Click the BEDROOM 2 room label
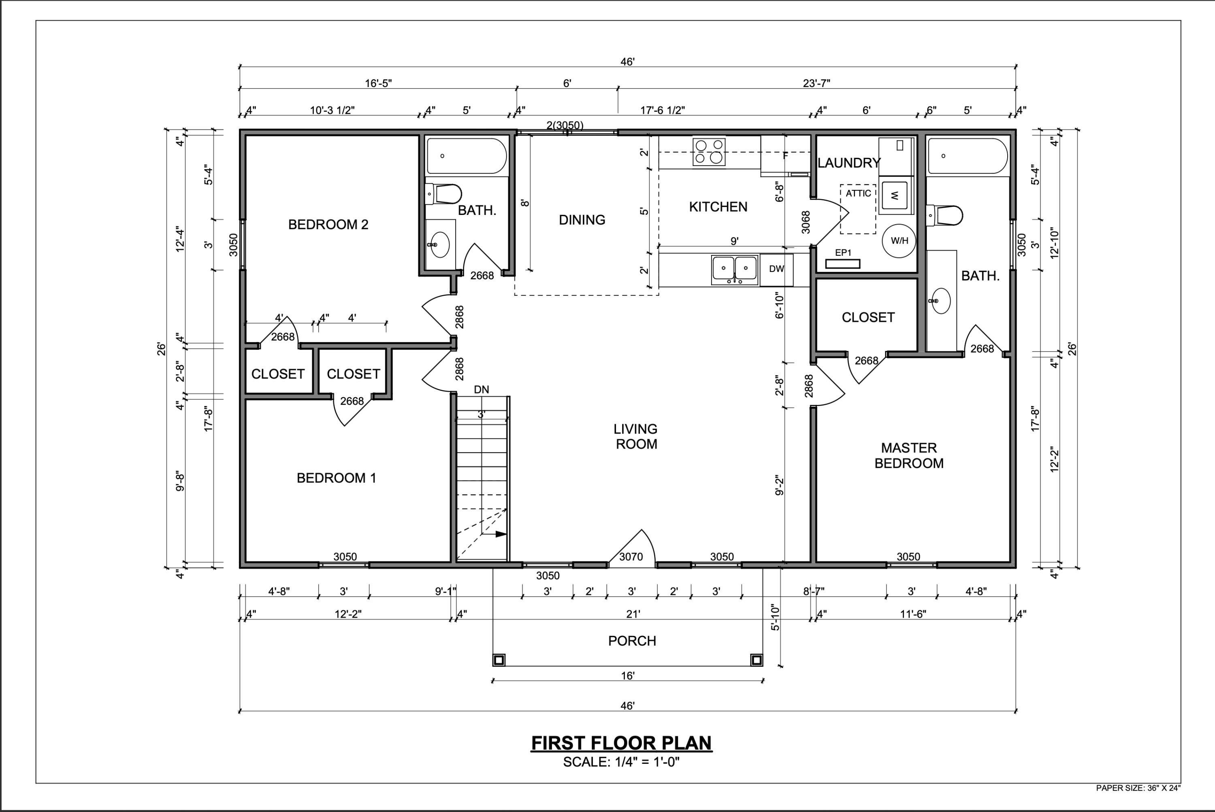coord(328,225)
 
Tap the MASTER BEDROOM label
coord(909,455)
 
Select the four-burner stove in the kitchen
coord(709,152)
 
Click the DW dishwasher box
coord(776,269)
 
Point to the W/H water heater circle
coord(899,241)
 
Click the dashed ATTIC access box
coord(858,209)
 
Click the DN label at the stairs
coord(481,389)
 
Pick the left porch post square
coord(499,660)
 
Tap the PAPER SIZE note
coord(1138,803)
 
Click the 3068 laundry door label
coord(805,222)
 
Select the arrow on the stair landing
coord(501,534)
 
